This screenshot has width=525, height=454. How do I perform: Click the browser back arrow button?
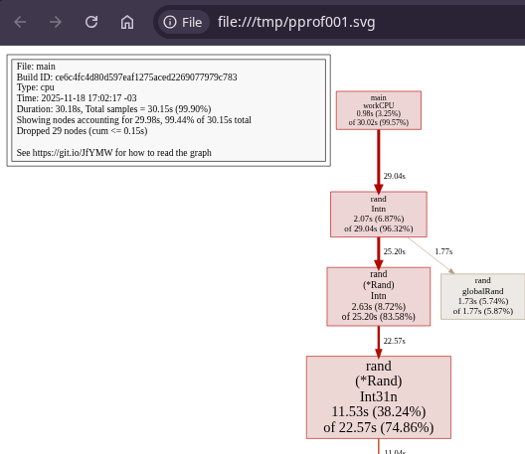(x=20, y=22)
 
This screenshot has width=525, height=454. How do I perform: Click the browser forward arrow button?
(x=56, y=22)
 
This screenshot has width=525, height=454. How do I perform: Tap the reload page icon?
(x=91, y=22)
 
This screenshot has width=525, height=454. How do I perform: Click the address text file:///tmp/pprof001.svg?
(x=296, y=22)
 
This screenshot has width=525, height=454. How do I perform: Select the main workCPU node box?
(x=379, y=110)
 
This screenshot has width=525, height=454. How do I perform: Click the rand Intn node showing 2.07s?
(x=379, y=215)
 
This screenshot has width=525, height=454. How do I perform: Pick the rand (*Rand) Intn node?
(x=379, y=296)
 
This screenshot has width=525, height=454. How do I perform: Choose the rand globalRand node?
(x=483, y=296)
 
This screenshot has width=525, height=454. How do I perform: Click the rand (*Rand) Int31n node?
(x=379, y=397)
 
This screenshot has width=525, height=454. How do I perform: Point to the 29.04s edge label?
(x=395, y=176)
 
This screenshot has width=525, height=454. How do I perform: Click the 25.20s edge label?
(x=395, y=251)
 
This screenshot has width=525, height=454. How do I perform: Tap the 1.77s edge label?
(x=443, y=251)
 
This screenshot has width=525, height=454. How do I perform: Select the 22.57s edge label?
(x=395, y=341)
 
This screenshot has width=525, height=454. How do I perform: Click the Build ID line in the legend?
(x=127, y=76)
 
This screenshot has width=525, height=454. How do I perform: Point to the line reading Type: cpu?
(x=36, y=87)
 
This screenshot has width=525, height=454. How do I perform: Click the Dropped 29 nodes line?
(x=82, y=131)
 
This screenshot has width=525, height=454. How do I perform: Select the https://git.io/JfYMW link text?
(x=73, y=153)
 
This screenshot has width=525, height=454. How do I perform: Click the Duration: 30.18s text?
(x=50, y=109)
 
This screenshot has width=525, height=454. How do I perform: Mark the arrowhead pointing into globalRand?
(x=451, y=271)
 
